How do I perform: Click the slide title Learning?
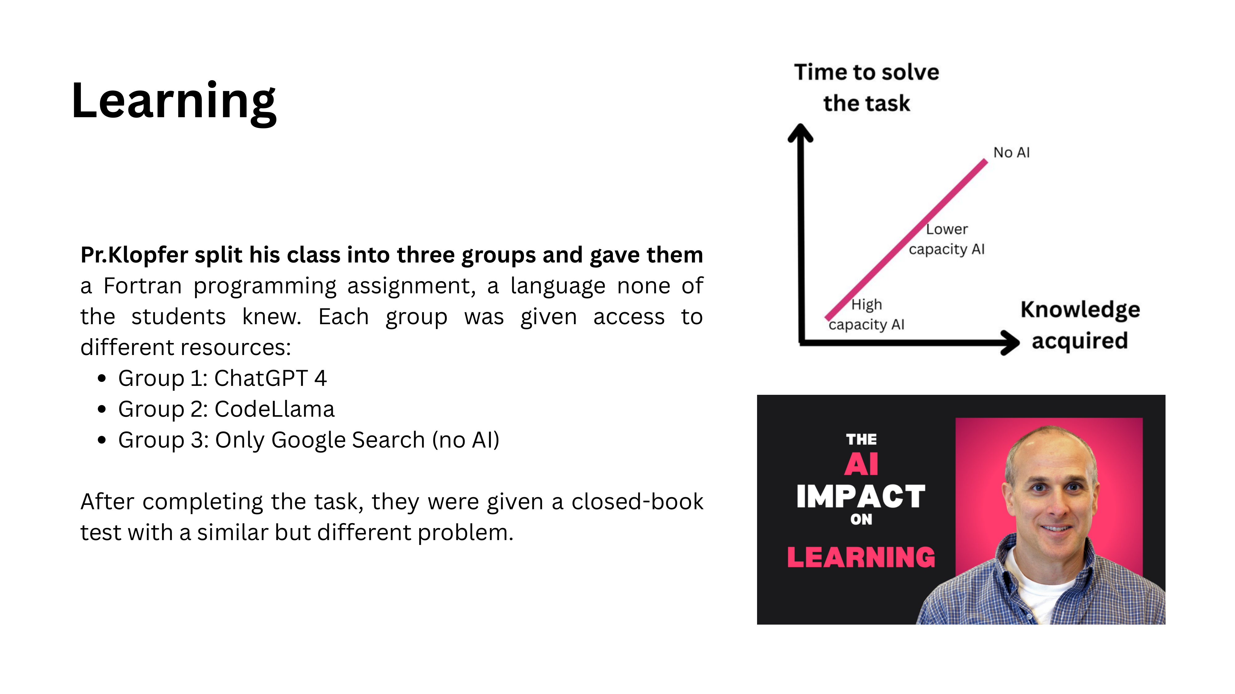click(x=174, y=101)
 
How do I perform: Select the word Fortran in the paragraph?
click(x=142, y=286)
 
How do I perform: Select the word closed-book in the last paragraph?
click(x=637, y=502)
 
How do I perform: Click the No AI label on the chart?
click(x=1011, y=153)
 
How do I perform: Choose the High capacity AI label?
click(x=866, y=315)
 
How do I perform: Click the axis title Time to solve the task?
click(x=866, y=88)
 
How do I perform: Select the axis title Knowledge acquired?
click(x=1080, y=325)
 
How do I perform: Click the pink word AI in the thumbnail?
click(x=861, y=464)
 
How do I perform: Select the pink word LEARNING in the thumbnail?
click(x=861, y=557)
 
